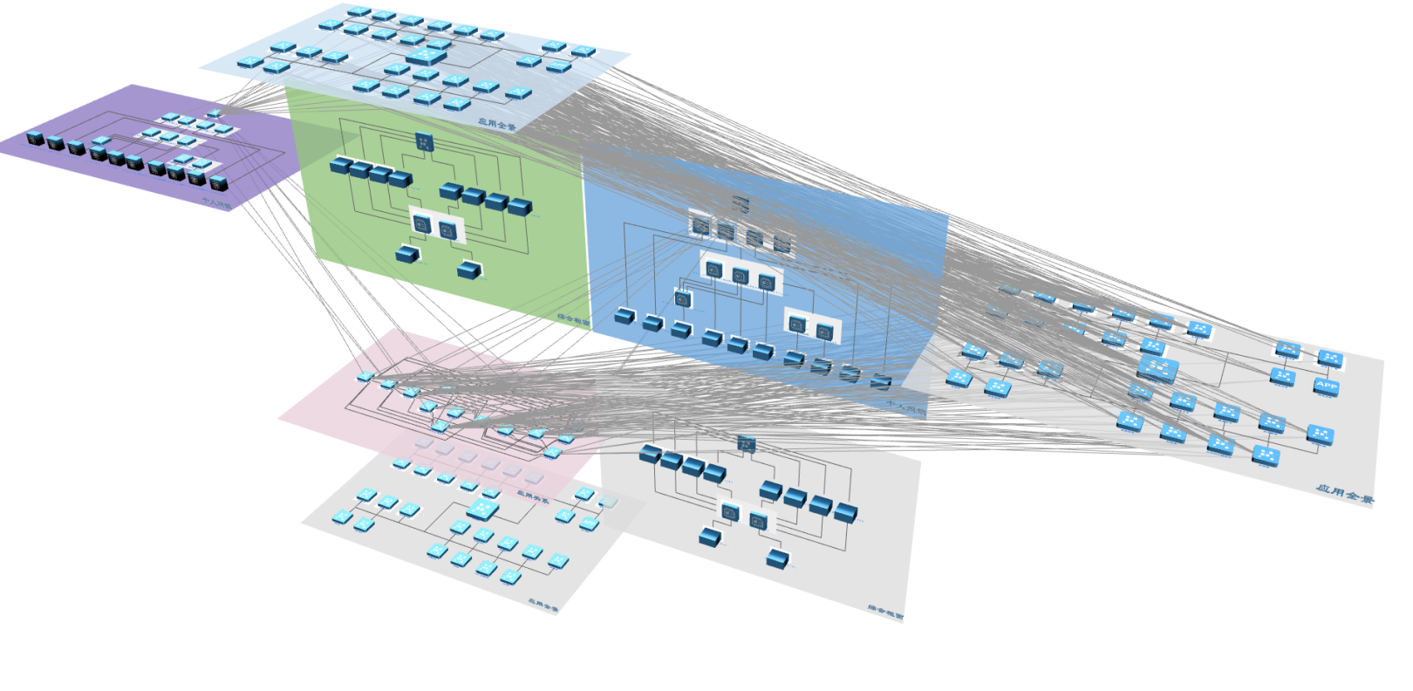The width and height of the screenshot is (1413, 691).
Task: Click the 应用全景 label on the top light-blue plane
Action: tap(496, 125)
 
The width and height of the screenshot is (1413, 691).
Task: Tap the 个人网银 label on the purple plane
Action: tap(217, 203)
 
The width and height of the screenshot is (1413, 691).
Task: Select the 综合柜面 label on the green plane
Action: tap(573, 319)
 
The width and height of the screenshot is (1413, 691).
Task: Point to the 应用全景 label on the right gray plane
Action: tap(1344, 494)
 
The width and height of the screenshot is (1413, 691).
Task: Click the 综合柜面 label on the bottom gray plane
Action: tap(885, 613)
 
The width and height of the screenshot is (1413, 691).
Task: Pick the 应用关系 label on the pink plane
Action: tap(533, 498)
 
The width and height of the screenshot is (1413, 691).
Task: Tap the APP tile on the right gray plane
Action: tap(1327, 386)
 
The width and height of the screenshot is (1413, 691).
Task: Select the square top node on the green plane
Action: tap(425, 141)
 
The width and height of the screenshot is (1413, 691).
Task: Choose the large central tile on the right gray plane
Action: tap(1159, 369)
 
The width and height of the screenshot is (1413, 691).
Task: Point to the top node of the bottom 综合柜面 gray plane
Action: tap(747, 443)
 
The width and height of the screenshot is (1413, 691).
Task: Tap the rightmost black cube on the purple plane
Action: tap(218, 182)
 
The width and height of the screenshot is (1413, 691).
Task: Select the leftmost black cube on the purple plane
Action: tap(35, 138)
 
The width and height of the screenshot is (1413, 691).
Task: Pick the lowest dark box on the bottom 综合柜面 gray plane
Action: tap(777, 559)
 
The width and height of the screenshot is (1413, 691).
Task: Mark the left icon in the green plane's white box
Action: tap(422, 224)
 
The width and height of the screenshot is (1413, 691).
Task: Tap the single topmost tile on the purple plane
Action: tap(214, 113)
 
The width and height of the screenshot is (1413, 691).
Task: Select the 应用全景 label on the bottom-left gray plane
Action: tap(542, 603)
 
